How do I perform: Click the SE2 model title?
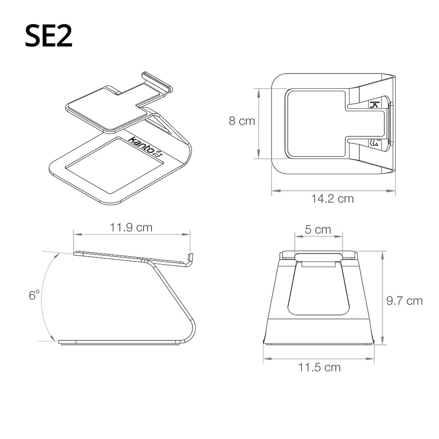(x=49, y=36)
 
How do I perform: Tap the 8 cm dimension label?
(x=242, y=121)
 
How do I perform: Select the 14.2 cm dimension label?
(x=332, y=199)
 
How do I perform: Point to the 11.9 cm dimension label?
(x=131, y=228)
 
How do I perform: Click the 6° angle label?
(x=34, y=295)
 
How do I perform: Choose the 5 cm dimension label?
(x=318, y=229)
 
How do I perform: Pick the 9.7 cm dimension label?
(x=404, y=301)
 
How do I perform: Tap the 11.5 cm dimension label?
(x=319, y=367)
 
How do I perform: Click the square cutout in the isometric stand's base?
(x=114, y=165)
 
